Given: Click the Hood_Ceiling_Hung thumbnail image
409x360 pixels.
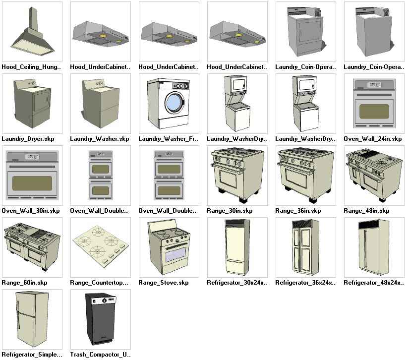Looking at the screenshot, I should pyautogui.click(x=32, y=32).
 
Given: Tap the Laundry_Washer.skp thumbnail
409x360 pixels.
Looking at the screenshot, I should pyautogui.click(x=101, y=104).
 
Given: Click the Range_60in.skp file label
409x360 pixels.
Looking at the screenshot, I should pyautogui.click(x=25, y=283).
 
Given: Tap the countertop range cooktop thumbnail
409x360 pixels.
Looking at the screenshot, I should pyautogui.click(x=101, y=247).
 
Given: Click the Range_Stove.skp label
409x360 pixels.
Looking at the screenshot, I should pyautogui.click(x=164, y=283).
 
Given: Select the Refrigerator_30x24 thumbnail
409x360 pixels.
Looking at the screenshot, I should pyautogui.click(x=237, y=247).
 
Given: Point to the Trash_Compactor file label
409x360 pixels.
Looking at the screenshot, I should pyautogui.click(x=100, y=355).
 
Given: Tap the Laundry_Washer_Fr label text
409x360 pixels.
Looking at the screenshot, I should pyautogui.click(x=168, y=139).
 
